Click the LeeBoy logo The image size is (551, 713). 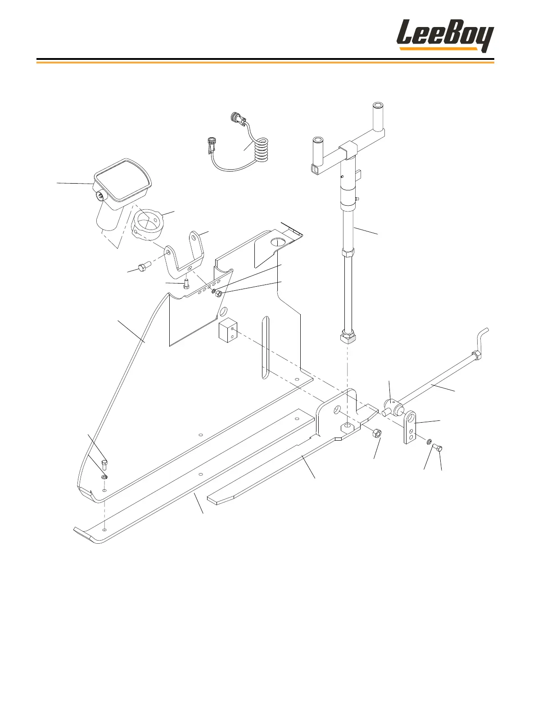[x=445, y=36]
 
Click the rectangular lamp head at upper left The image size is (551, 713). [x=123, y=180]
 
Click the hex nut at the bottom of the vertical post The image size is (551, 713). [x=347, y=338]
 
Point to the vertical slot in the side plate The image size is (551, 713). [x=265, y=347]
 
